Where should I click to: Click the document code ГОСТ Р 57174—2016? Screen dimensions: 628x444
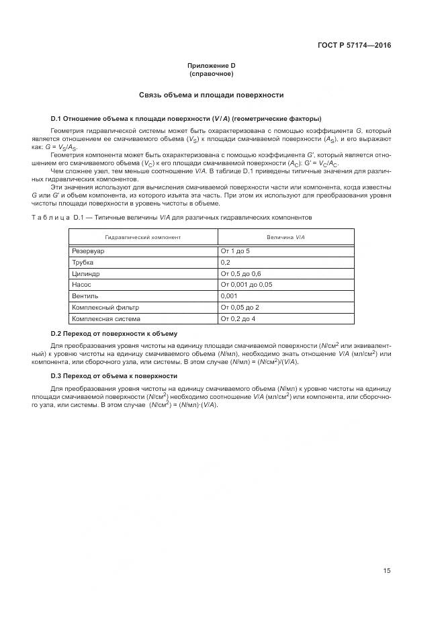354,46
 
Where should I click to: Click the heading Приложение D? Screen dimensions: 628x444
211,66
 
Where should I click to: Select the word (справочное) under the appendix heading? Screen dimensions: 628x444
211,74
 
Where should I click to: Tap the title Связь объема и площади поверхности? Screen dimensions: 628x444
211,95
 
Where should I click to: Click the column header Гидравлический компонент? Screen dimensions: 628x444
142,238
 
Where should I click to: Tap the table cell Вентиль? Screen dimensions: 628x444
85,296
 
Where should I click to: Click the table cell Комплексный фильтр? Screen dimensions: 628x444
101,308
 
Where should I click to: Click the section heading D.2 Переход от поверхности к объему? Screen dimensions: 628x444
114,333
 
